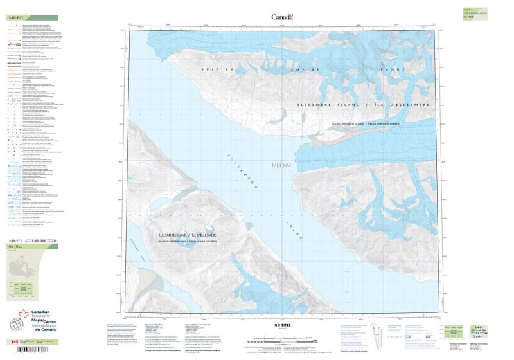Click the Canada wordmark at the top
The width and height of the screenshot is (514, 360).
tap(282, 17)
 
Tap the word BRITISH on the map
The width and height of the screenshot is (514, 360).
tap(212, 70)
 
